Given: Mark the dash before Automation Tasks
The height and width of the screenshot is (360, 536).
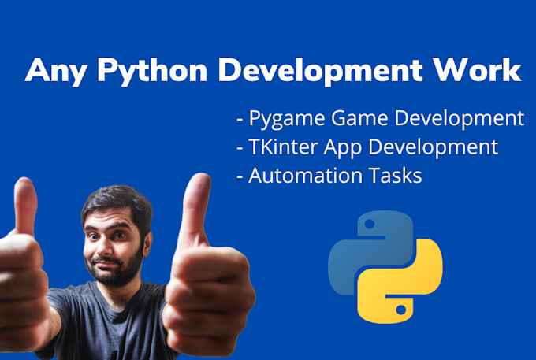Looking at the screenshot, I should click(x=239, y=176).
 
